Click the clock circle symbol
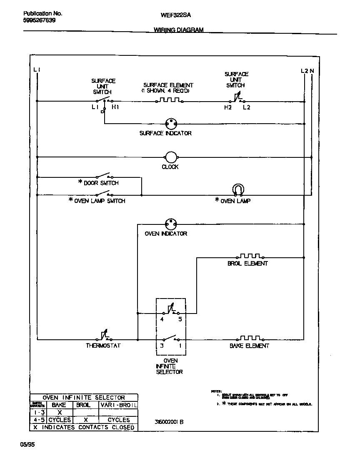(171, 157)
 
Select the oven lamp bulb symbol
(237, 190)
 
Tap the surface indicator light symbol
(171, 123)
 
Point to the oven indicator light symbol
(171, 224)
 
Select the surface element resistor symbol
(169, 100)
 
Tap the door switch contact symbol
(103, 175)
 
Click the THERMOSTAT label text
(103, 346)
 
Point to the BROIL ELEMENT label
(247, 264)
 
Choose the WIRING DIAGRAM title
(179, 30)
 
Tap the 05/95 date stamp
(27, 445)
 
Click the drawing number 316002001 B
(169, 422)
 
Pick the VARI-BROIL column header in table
(118, 405)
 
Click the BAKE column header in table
(59, 405)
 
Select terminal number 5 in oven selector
(180, 320)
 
